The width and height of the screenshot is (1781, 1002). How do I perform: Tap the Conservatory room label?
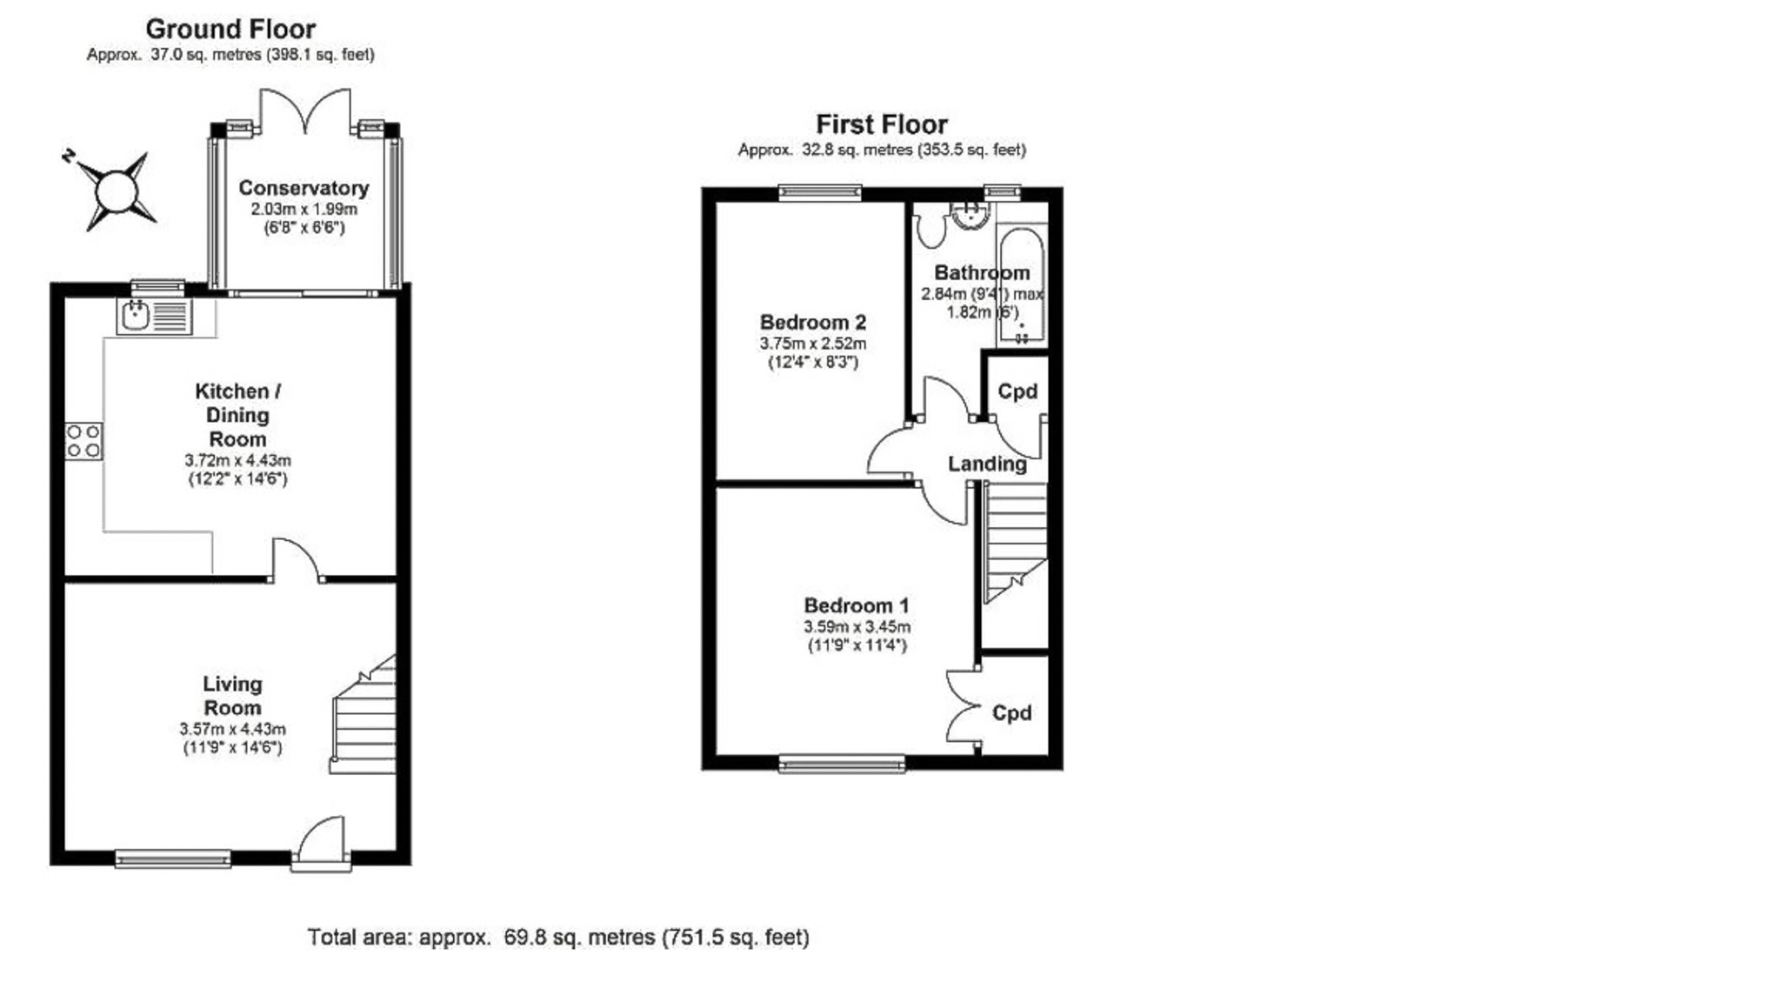[304, 188]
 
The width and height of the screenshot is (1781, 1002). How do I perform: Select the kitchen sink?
[136, 316]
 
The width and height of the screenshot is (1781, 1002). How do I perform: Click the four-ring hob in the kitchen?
[83, 441]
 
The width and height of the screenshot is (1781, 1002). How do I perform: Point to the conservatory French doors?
[305, 112]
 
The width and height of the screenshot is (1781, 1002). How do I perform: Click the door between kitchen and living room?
[297, 561]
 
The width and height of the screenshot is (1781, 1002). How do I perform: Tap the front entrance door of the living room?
[321, 842]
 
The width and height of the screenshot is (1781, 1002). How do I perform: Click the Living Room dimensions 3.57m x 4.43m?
[232, 730]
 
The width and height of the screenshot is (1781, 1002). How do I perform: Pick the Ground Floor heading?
[230, 29]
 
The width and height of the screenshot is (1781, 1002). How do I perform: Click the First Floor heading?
[881, 124]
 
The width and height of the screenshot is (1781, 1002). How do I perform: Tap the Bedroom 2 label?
[812, 323]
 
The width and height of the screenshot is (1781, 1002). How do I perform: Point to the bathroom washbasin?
[970, 214]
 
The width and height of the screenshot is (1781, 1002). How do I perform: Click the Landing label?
[986, 464]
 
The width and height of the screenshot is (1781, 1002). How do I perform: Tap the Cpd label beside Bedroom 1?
[1011, 713]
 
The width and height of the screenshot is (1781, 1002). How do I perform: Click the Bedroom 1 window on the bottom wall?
[841, 764]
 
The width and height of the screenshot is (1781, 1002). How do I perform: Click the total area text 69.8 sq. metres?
[557, 938]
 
